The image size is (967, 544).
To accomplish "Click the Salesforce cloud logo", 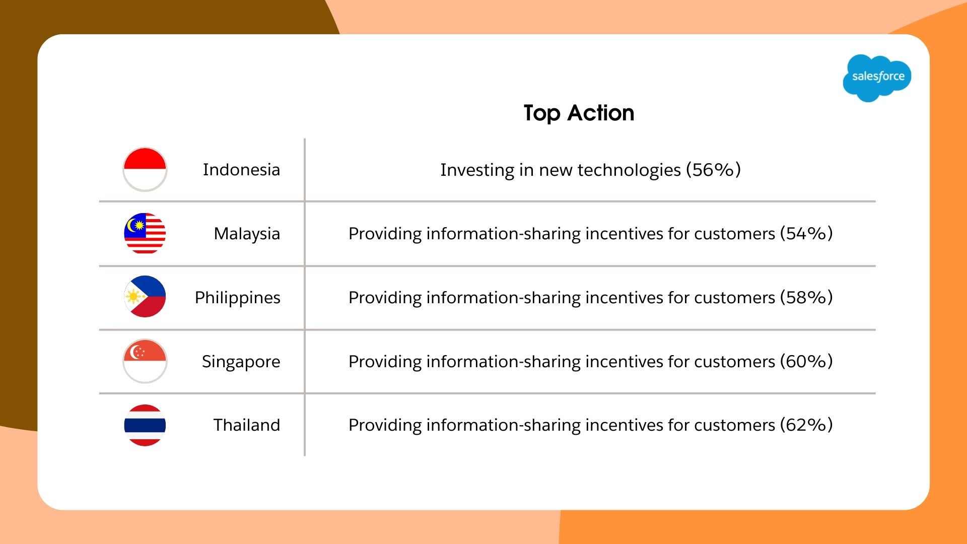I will tap(877, 77).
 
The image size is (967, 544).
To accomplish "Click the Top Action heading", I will tap(579, 113).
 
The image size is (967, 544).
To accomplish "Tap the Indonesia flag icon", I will tap(145, 169).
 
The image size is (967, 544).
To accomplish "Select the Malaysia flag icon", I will tap(145, 233).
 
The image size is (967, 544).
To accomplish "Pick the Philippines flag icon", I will tap(145, 297).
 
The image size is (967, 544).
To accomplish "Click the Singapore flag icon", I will tap(145, 361).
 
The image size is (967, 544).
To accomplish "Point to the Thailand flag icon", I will tap(145, 425).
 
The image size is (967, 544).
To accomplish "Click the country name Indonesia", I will tap(241, 170).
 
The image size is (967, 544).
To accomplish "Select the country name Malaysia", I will tap(247, 234).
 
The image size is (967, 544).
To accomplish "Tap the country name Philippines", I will tap(237, 298).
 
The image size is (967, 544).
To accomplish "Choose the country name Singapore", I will tap(241, 362).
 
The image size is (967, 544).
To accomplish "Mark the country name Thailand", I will tap(246, 425).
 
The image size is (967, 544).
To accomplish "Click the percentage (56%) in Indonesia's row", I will tap(713, 170).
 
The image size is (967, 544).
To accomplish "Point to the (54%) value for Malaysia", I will tap(806, 234).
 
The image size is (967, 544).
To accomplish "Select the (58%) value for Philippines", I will tap(806, 298).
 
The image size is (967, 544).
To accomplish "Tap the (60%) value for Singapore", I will tap(806, 362).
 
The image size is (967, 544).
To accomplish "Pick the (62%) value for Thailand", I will tap(806, 425).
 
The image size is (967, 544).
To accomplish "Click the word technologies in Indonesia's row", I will tap(629, 170).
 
